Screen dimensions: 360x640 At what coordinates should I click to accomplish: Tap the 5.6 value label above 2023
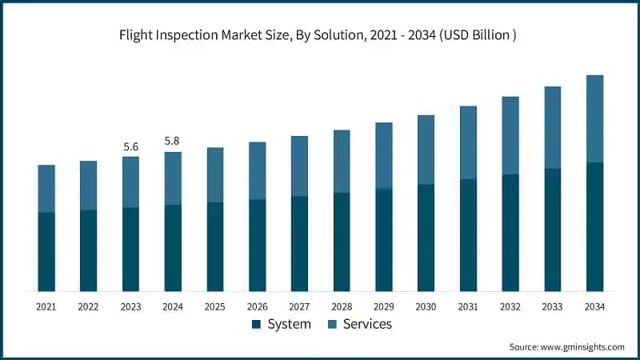[130, 146]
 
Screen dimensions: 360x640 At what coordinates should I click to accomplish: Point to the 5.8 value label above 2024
[173, 142]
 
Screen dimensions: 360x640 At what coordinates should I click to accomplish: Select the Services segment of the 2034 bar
[594, 118]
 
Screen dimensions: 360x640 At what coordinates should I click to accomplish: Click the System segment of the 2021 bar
[46, 251]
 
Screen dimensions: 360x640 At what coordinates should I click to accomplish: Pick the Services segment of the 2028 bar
[342, 161]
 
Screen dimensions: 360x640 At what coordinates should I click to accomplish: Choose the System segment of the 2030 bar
[426, 238]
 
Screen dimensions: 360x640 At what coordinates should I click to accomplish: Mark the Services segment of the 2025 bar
[215, 174]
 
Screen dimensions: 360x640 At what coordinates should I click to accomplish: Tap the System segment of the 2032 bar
[510, 233]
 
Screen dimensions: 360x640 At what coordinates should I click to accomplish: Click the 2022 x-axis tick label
[88, 307]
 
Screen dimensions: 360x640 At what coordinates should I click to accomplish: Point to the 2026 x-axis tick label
[257, 307]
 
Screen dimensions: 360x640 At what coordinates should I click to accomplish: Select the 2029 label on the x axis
[384, 307]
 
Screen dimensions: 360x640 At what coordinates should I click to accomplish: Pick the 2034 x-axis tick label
[594, 307]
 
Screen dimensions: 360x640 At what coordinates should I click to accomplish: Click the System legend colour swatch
[256, 325]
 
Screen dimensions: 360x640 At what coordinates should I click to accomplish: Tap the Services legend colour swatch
[332, 325]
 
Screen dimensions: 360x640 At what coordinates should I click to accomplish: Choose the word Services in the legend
[367, 325]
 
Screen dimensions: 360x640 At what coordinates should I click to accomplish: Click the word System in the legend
[289, 325]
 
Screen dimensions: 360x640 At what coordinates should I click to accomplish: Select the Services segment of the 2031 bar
[468, 142]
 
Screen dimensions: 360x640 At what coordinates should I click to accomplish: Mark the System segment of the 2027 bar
[299, 243]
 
